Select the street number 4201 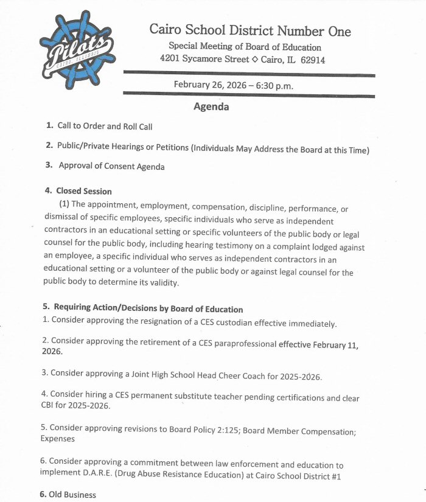point(171,60)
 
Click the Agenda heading point(211,107)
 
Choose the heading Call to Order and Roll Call point(105,127)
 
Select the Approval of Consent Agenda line point(111,166)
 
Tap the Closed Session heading point(84,191)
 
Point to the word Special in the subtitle point(183,47)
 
